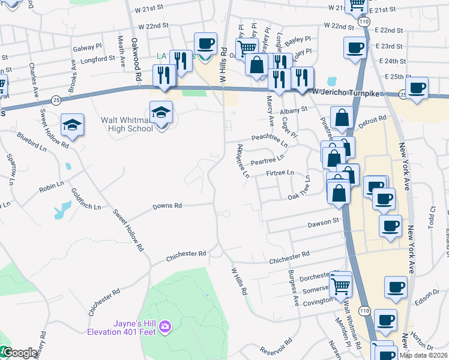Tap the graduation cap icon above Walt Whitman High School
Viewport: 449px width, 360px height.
(161, 112)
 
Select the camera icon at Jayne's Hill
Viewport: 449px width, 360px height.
(166, 327)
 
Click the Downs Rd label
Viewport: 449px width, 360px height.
(167, 206)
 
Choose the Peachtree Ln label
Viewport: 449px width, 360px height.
(270, 139)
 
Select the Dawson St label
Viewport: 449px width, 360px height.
(324, 222)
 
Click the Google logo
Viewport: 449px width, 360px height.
(19, 353)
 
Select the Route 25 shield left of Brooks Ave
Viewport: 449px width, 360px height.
(55, 98)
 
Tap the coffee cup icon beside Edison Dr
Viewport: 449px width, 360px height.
(395, 287)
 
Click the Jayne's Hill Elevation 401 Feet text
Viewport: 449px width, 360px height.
(121, 328)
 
